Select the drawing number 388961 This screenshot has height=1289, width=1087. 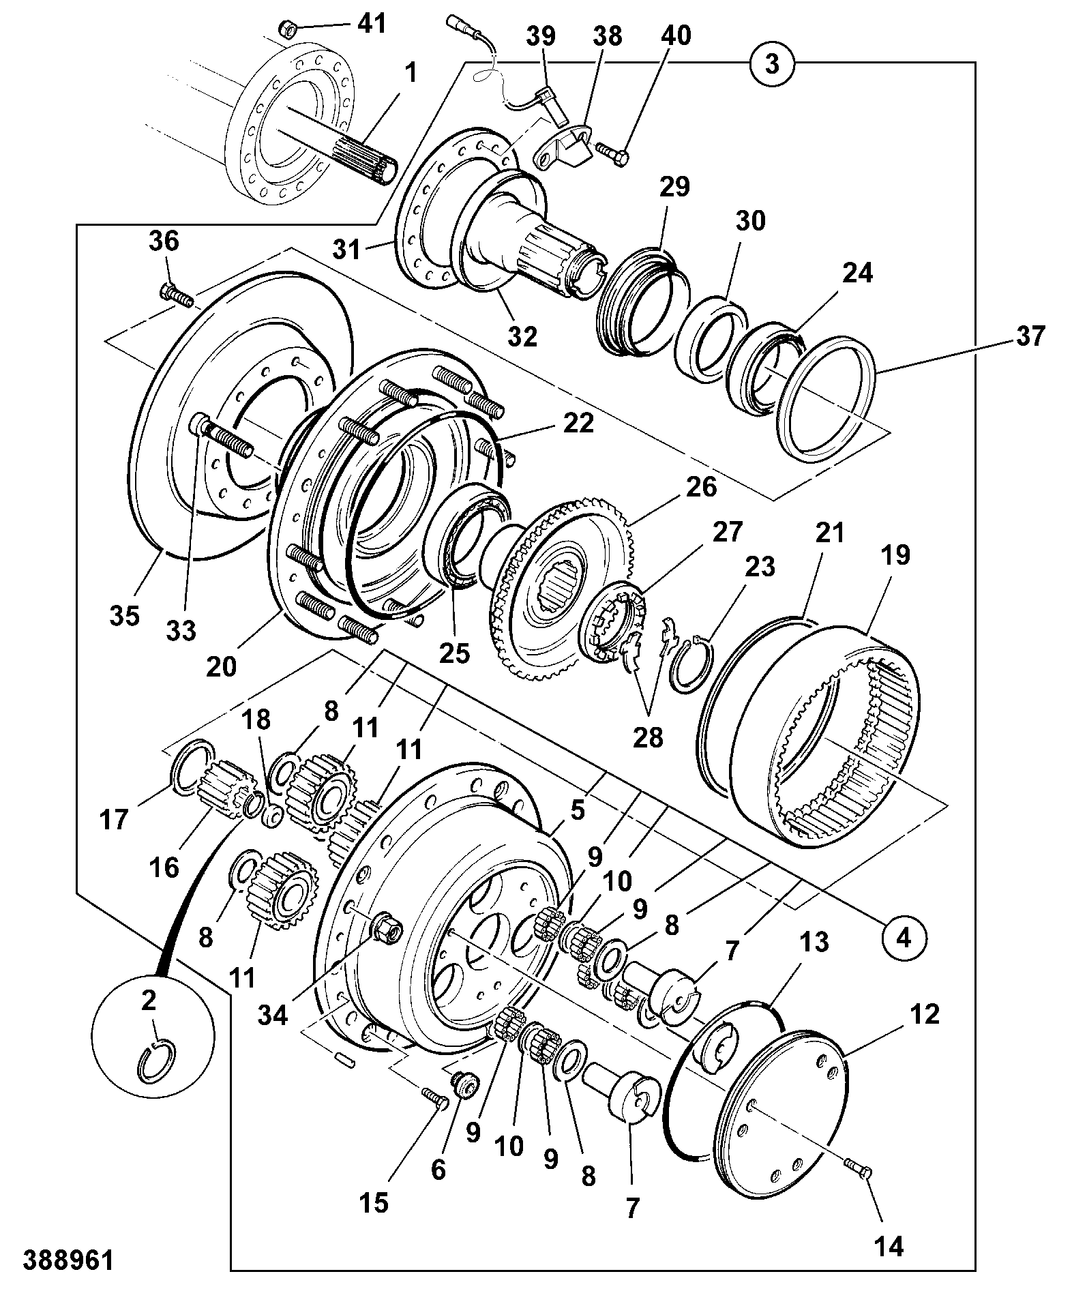coord(68,1260)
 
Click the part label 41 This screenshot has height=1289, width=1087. coord(371,24)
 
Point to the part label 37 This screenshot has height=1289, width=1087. coord(1028,336)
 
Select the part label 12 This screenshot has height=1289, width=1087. coord(924,1014)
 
